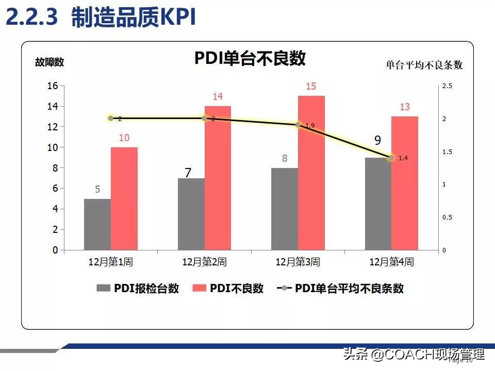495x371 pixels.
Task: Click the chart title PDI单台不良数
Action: [250, 58]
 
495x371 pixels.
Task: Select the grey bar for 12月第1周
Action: [97, 225]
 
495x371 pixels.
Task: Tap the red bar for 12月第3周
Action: [311, 173]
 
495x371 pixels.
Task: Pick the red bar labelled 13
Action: [405, 183]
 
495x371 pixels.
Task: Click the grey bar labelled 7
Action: [191, 214]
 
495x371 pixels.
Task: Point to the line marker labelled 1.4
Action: [391, 158]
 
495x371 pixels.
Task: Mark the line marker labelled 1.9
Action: [298, 125]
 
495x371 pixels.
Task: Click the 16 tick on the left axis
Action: [53, 86]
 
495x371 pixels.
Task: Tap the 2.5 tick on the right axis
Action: [447, 87]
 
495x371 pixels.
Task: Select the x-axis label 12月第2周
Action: [205, 262]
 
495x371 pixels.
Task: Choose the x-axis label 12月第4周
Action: [391, 262]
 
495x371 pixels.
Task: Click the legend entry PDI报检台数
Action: [138, 289]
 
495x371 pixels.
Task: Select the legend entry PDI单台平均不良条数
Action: [340, 289]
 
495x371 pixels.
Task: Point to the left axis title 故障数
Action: [49, 62]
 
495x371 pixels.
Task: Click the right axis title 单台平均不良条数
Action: [424, 65]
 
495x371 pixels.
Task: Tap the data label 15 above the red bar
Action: [311, 87]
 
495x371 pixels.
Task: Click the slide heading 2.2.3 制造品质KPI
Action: [101, 18]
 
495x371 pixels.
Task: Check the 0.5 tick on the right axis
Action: [447, 217]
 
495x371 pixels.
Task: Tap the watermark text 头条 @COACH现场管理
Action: [414, 355]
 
